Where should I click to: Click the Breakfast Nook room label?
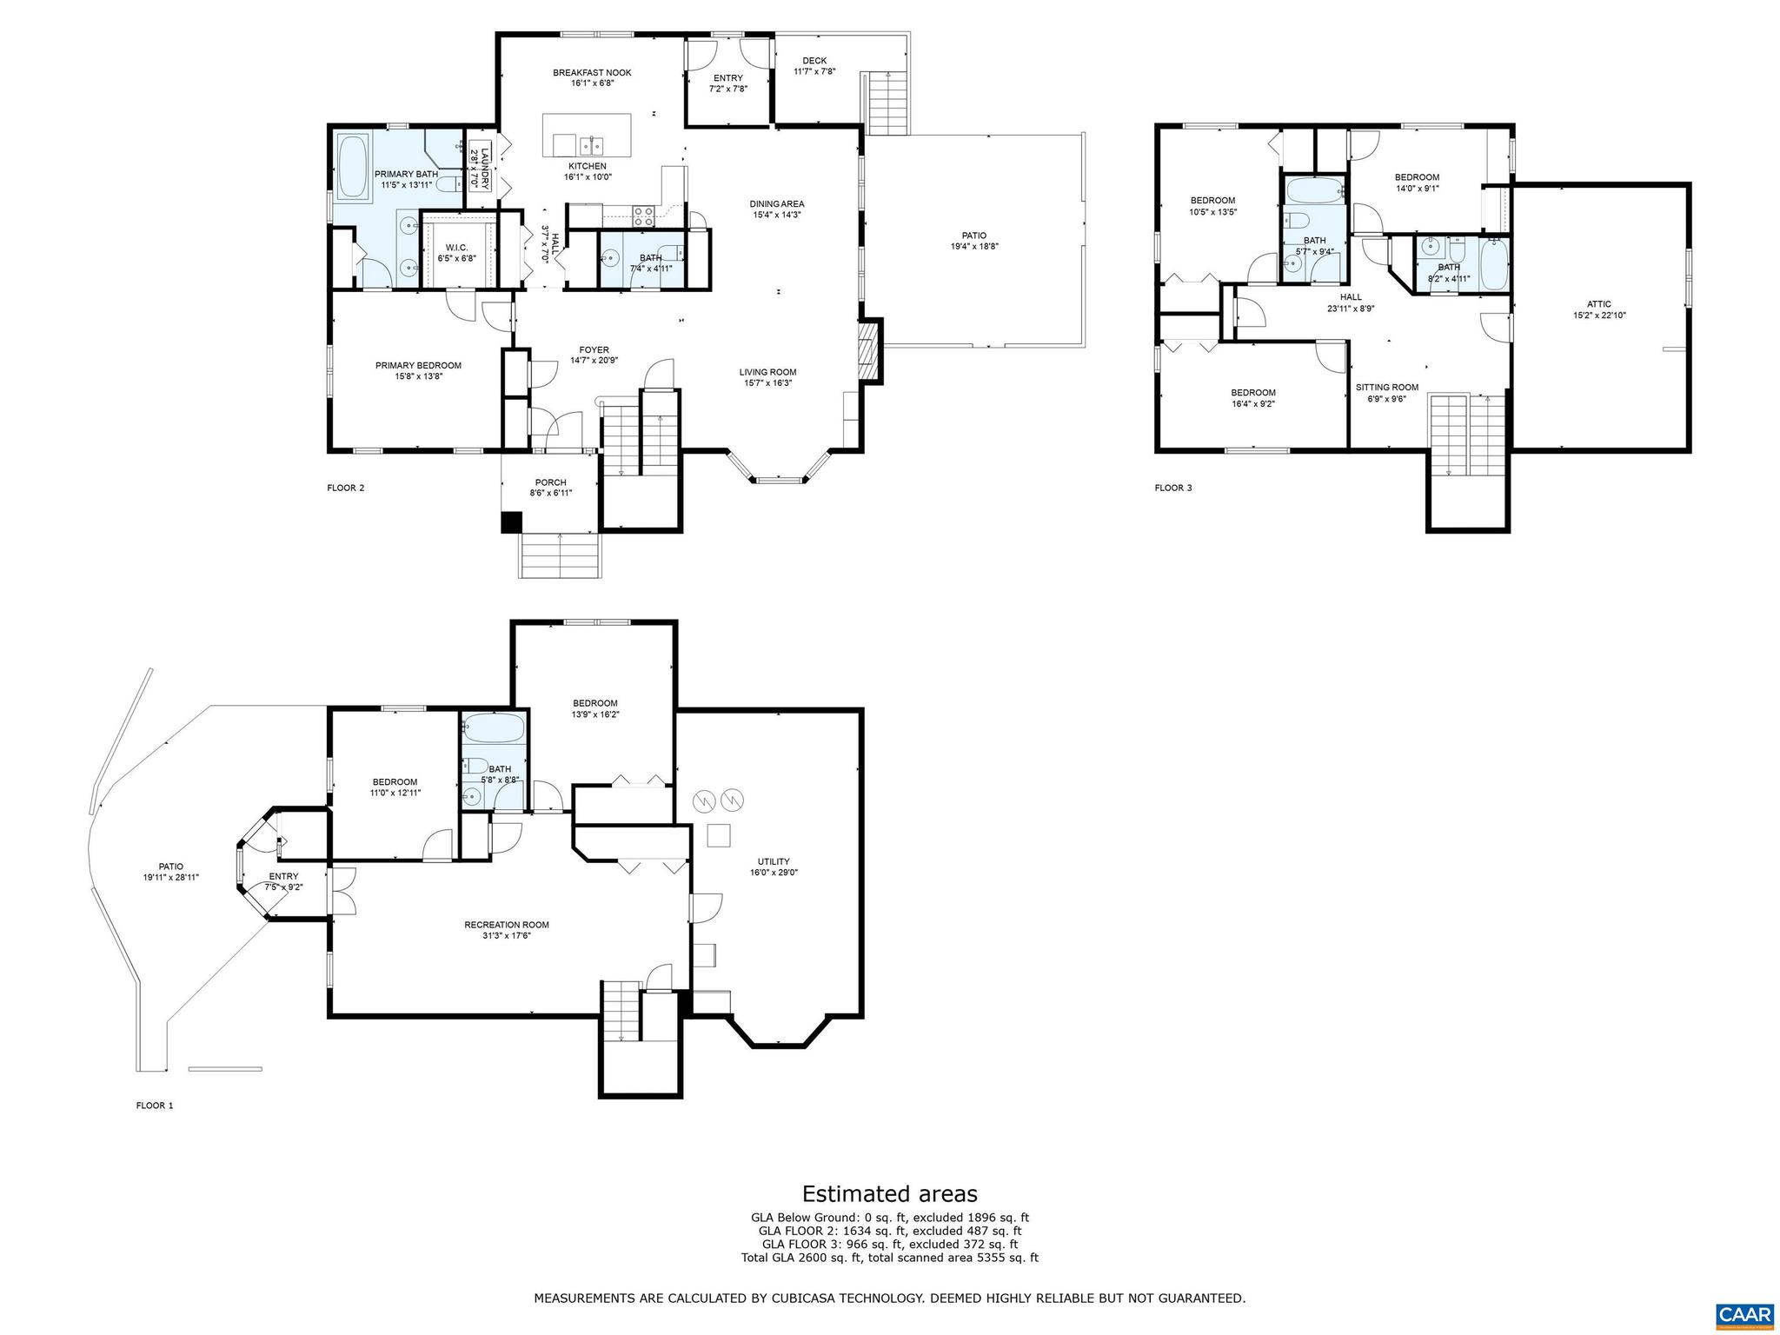click(592, 73)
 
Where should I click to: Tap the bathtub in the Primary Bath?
click(353, 166)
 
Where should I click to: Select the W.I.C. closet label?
click(456, 248)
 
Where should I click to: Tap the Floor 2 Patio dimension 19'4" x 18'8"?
click(974, 246)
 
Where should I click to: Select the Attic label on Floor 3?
click(1598, 304)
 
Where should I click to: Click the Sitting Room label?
click(1387, 388)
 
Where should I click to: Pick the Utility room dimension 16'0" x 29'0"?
click(773, 872)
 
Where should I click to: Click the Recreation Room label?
click(507, 925)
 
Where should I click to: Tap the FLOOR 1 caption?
click(155, 1106)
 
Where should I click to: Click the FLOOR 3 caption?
click(1173, 488)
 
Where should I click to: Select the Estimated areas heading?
click(889, 1193)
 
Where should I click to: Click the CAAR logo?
click(1745, 1313)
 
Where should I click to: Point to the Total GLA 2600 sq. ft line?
click(889, 1258)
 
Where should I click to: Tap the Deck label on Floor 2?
click(814, 61)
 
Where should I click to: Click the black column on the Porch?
click(511, 521)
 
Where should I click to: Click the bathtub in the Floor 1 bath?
click(493, 728)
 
